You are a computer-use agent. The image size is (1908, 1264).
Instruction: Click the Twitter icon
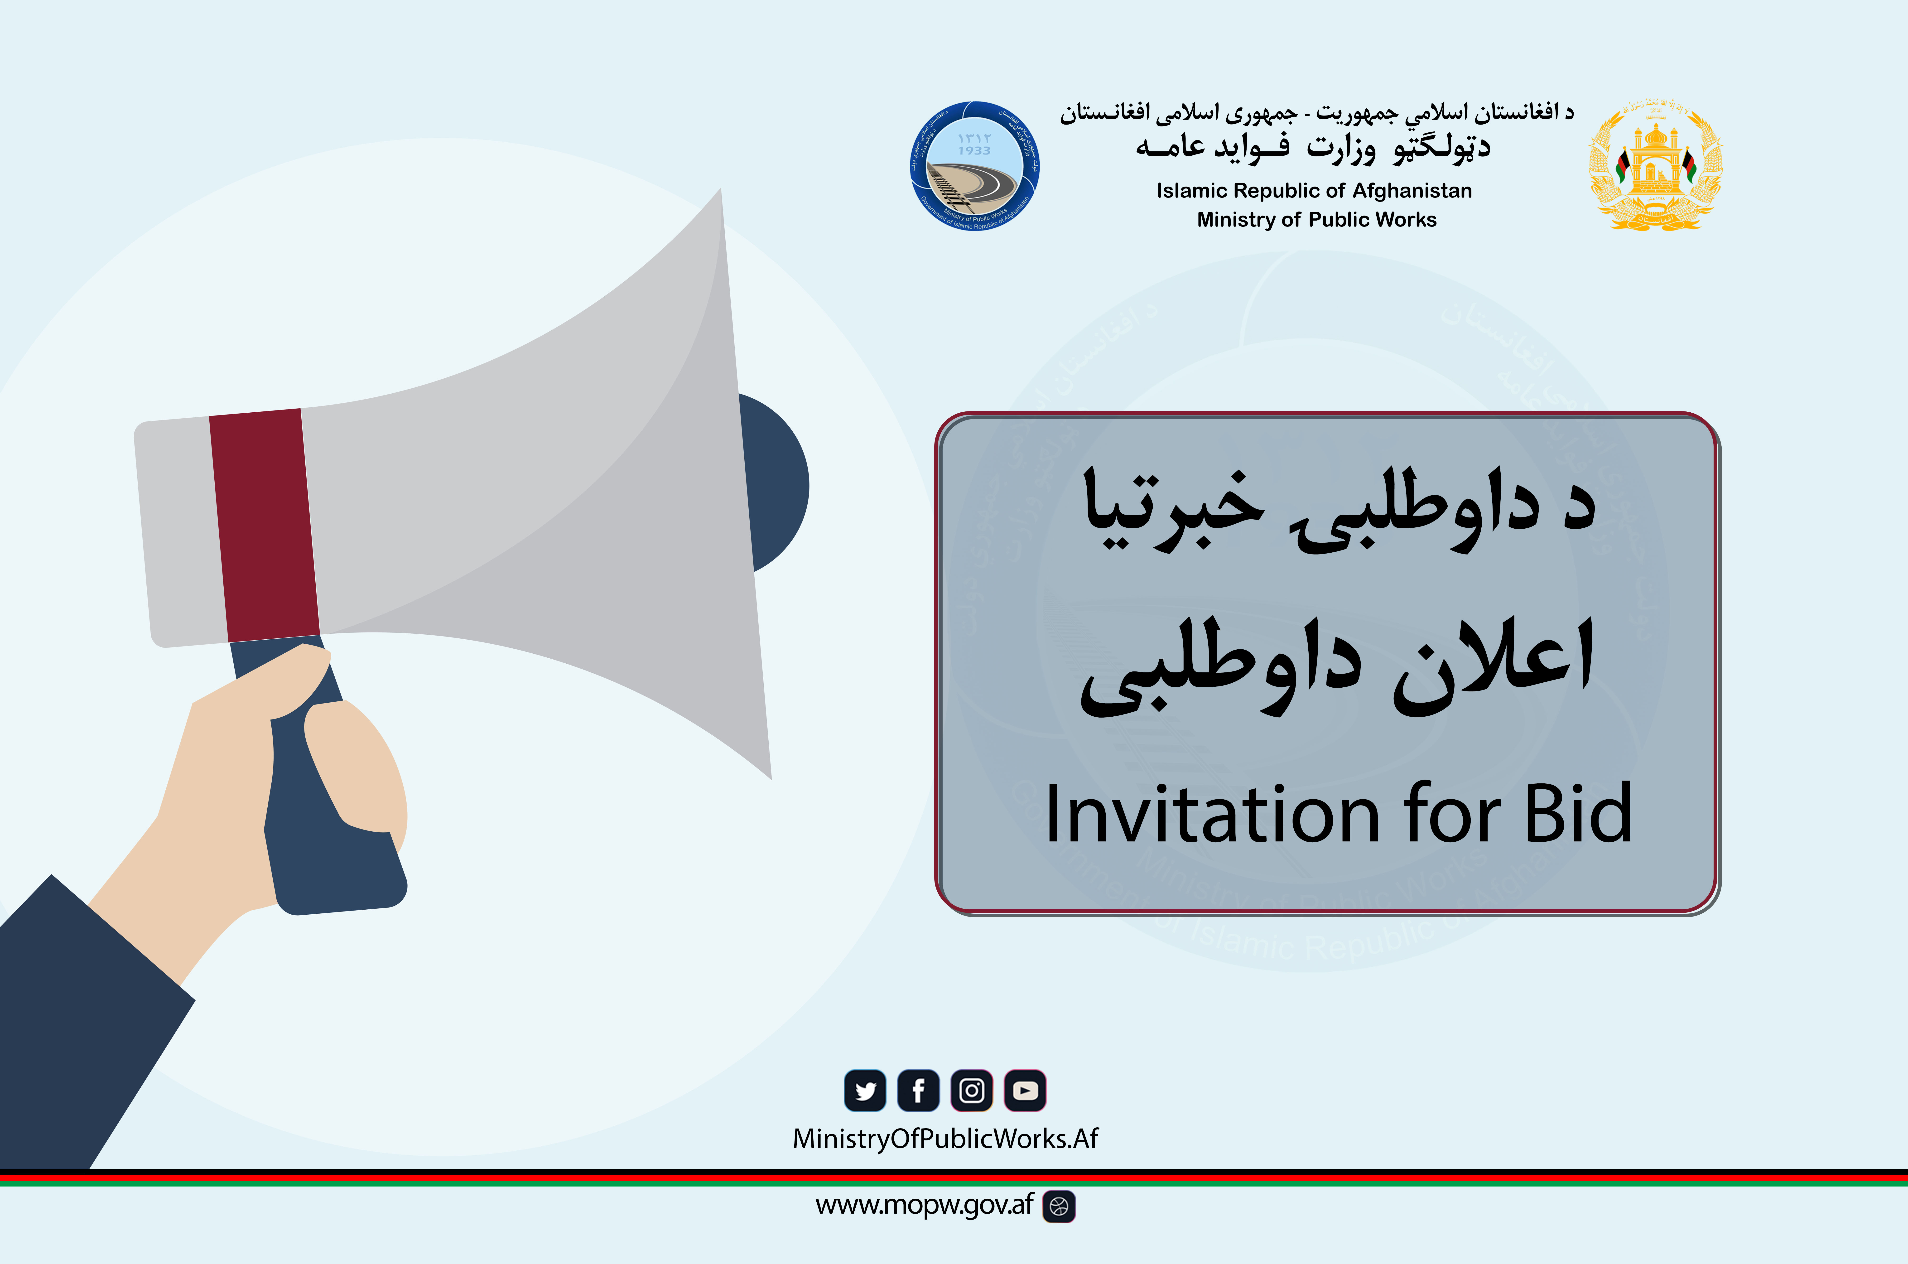pyautogui.click(x=865, y=1091)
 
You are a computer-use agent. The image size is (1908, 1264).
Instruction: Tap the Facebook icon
pyautogui.click(x=918, y=1091)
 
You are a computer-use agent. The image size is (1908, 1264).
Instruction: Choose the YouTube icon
pyautogui.click(x=1025, y=1091)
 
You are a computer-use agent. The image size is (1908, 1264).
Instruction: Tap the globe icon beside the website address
pyautogui.click(x=1059, y=1207)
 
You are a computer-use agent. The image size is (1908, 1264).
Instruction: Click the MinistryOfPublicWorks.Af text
pyautogui.click(x=945, y=1138)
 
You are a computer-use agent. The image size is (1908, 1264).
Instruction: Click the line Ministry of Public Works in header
pyautogui.click(x=1316, y=219)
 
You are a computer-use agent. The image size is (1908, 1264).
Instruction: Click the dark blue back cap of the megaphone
pyautogui.click(x=778, y=484)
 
